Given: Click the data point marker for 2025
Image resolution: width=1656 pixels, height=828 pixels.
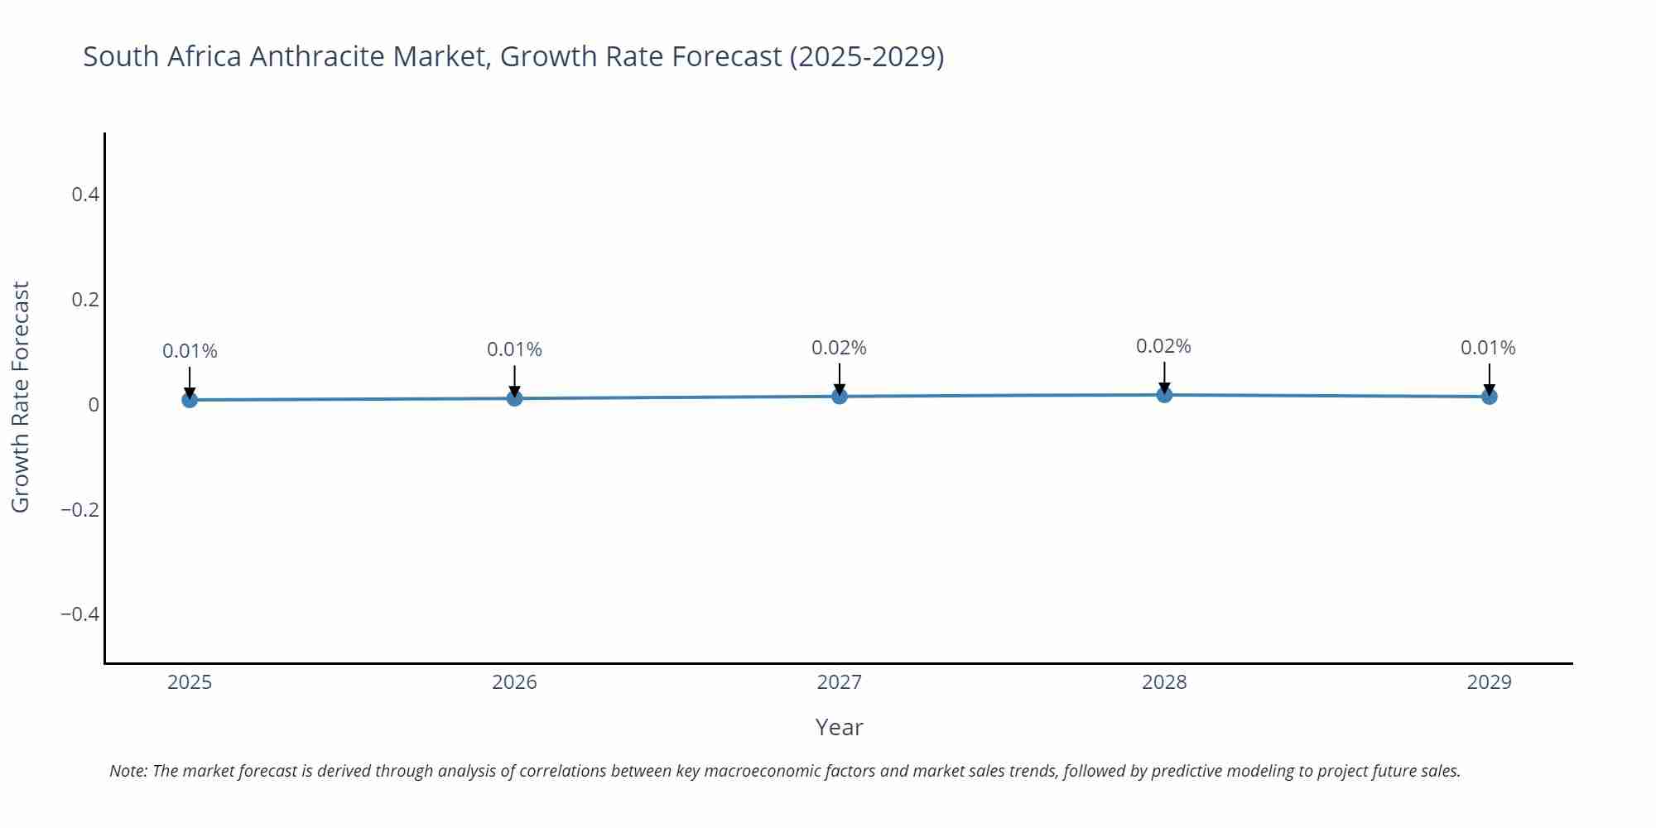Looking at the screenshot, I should tap(190, 400).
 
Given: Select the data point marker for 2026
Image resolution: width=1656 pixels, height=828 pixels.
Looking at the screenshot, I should tap(514, 398).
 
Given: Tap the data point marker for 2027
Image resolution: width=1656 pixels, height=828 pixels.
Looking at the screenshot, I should tap(840, 396).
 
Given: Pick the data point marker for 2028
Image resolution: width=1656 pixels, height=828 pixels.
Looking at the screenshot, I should tap(1164, 394).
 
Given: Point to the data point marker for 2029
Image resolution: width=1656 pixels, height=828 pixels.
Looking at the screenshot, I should tap(1489, 397).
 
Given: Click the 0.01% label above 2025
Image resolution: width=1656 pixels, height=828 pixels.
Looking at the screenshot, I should tap(190, 351).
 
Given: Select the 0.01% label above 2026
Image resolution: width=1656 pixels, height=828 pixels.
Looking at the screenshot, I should tap(514, 349).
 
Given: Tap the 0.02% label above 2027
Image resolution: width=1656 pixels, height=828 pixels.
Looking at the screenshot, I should tap(839, 348).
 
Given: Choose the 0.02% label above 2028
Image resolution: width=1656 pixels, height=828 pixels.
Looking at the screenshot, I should tap(1163, 346).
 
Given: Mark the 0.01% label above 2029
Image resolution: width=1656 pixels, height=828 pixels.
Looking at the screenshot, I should tap(1488, 348).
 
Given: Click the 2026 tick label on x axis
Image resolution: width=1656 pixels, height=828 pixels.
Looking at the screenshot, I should tap(514, 682).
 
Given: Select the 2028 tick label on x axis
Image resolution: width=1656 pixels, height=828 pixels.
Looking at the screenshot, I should tap(1164, 682).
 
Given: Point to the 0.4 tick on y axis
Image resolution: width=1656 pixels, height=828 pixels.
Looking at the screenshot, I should tap(85, 195).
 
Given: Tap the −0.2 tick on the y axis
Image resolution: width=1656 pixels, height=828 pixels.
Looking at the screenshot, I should tap(80, 509).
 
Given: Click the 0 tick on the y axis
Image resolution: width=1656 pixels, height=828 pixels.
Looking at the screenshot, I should tap(94, 404).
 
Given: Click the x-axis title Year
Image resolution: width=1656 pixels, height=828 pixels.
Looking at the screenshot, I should tap(839, 727).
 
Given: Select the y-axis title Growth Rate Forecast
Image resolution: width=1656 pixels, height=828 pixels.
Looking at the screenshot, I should tap(20, 397).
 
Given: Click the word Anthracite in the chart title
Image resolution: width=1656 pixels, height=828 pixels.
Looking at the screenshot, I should tap(317, 56).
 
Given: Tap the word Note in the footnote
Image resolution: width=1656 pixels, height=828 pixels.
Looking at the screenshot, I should tap(127, 771).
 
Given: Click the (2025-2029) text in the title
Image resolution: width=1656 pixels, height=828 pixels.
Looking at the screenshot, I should tap(866, 56).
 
